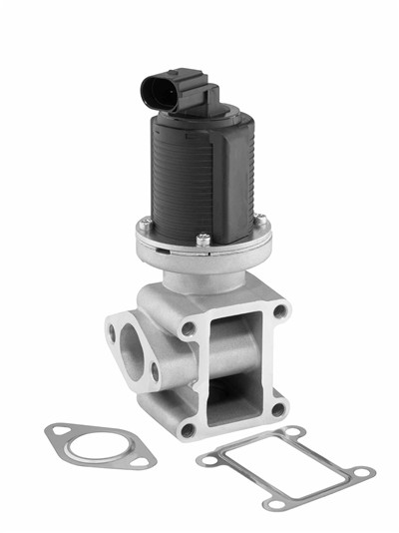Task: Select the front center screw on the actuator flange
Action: (x=203, y=239)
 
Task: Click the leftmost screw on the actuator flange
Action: (x=146, y=223)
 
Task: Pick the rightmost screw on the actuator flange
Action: (x=259, y=220)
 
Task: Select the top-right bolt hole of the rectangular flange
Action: (x=280, y=311)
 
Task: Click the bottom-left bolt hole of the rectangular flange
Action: (x=187, y=429)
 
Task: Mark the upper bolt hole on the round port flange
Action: (x=112, y=327)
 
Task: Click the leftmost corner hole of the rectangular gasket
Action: (x=206, y=459)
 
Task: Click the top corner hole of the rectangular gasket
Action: (x=294, y=432)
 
